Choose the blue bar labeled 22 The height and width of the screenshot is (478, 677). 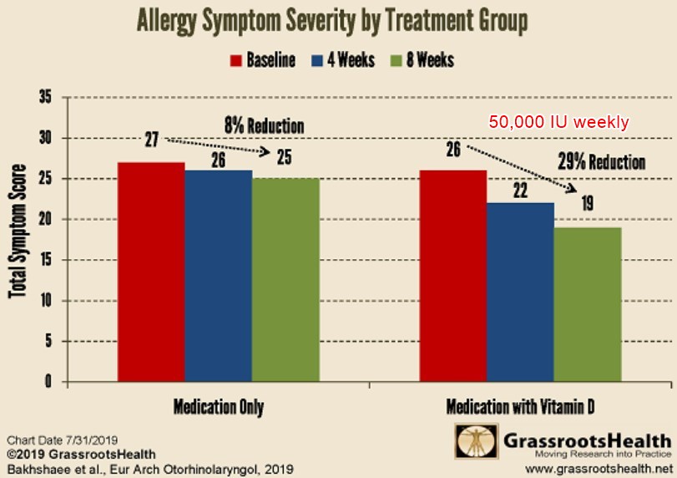click(520, 292)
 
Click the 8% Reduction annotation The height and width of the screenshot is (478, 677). click(264, 126)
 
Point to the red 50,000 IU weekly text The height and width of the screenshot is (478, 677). click(558, 122)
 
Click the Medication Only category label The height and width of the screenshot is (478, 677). click(219, 408)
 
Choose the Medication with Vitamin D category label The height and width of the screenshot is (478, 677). click(521, 408)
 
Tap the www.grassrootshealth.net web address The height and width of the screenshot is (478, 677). click(598, 469)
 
